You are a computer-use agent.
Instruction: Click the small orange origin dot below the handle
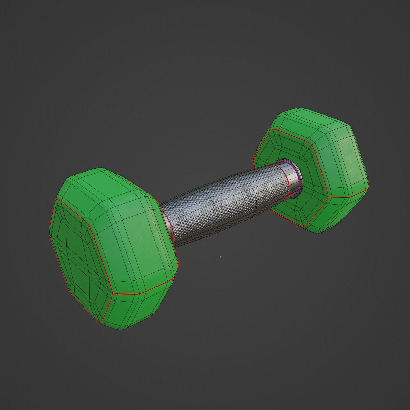pyautogui.click(x=221, y=257)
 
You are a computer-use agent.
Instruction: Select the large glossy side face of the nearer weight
pyautogui.click(x=137, y=246)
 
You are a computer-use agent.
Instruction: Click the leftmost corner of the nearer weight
pyautogui.click(x=50, y=232)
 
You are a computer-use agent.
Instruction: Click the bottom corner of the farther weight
pyautogui.click(x=318, y=233)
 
